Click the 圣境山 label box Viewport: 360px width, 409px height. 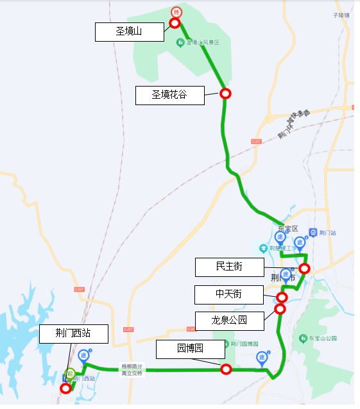click(129, 32)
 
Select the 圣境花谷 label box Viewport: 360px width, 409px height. click(169, 95)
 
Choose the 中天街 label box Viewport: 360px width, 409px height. click(228, 295)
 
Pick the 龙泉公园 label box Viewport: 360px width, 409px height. click(229, 319)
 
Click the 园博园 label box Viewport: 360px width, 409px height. click(191, 349)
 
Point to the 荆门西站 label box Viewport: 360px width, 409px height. click(73, 333)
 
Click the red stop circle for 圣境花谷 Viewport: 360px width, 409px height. click(225, 94)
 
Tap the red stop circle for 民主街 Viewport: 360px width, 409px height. click(305, 269)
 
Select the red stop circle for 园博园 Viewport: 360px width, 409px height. click(226, 369)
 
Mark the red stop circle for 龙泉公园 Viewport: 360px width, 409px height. click(280, 309)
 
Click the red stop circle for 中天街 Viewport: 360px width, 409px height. click(282, 297)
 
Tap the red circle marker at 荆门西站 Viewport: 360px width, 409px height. click(65, 388)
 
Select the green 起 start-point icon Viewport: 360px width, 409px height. click(71, 373)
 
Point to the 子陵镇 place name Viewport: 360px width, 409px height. click(341, 15)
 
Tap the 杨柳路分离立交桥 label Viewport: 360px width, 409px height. click(133, 370)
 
